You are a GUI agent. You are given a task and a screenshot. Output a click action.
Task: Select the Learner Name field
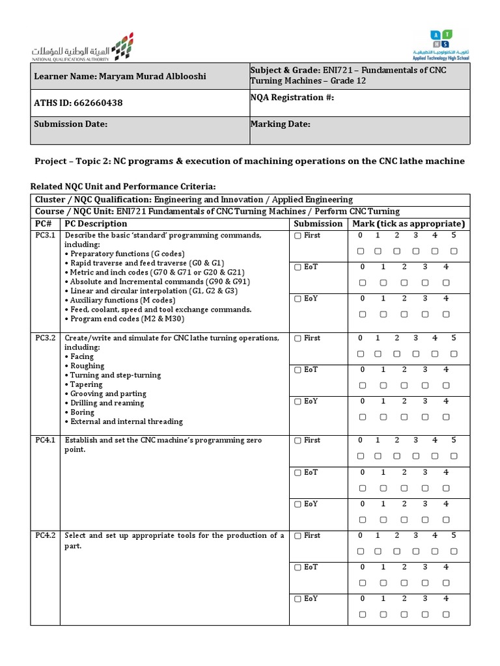(x=120, y=77)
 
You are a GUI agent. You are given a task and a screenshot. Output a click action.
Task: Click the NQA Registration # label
(x=292, y=97)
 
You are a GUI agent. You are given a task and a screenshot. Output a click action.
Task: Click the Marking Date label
(x=281, y=124)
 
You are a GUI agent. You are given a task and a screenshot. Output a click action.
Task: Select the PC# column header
(x=44, y=224)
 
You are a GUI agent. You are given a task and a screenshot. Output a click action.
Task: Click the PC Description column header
(x=96, y=224)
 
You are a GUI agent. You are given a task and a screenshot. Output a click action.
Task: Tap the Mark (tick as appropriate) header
(x=409, y=224)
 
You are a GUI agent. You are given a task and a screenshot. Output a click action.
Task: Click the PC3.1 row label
(x=45, y=235)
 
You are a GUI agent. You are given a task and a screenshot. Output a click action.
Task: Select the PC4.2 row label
(x=45, y=536)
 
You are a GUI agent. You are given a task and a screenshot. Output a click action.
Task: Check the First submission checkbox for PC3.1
(x=298, y=236)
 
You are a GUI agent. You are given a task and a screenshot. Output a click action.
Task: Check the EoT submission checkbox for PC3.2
(x=298, y=369)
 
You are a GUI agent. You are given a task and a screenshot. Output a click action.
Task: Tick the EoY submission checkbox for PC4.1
(x=298, y=504)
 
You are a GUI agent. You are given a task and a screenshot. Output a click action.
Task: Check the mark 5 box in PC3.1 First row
(x=454, y=251)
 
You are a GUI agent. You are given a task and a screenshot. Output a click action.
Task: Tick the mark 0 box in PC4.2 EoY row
(x=362, y=614)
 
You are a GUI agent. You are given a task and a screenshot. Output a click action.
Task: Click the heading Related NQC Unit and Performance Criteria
(x=123, y=186)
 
